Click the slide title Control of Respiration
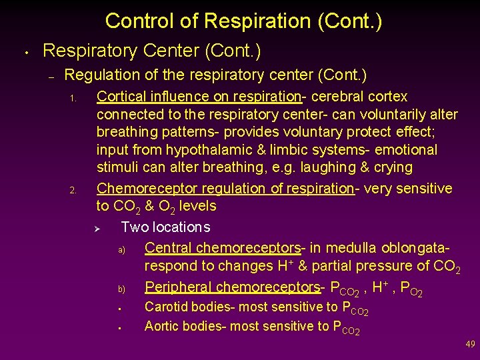point(243,21)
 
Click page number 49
point(470,345)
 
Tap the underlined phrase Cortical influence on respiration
point(199,97)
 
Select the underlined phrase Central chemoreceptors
point(223,248)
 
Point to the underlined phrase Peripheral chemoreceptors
point(232,287)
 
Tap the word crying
point(393,167)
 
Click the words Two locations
point(165,227)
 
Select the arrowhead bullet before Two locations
point(97,229)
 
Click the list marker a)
point(122,250)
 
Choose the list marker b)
point(122,289)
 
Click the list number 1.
point(75,100)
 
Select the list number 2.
point(75,191)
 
